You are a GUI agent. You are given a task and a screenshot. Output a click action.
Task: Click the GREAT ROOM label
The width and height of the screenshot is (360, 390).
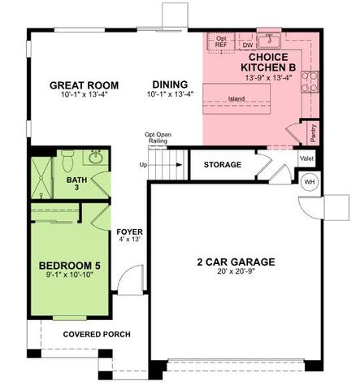[84, 84]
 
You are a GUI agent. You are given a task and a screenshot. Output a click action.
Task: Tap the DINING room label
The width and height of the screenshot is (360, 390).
[168, 84]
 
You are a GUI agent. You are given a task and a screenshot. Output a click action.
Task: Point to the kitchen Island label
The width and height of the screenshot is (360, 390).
[236, 99]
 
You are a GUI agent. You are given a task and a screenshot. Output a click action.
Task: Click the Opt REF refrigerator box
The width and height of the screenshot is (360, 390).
[220, 41]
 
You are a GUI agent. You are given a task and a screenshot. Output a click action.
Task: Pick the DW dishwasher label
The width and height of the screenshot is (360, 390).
[248, 45]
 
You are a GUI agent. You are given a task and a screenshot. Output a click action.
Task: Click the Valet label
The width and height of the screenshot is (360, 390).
[307, 158]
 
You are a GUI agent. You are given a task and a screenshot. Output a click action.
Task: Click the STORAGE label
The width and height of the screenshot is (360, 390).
[222, 165]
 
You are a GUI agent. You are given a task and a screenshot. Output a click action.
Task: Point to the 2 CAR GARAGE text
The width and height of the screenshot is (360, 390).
[236, 262]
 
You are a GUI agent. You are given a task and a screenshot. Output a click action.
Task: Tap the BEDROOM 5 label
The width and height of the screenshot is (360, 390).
[68, 265]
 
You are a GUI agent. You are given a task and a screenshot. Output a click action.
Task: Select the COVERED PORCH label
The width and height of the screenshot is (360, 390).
[97, 334]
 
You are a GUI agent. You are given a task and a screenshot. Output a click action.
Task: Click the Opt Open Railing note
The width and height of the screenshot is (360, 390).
[157, 138]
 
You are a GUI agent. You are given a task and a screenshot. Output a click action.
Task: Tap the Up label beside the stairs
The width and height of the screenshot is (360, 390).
[144, 165]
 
